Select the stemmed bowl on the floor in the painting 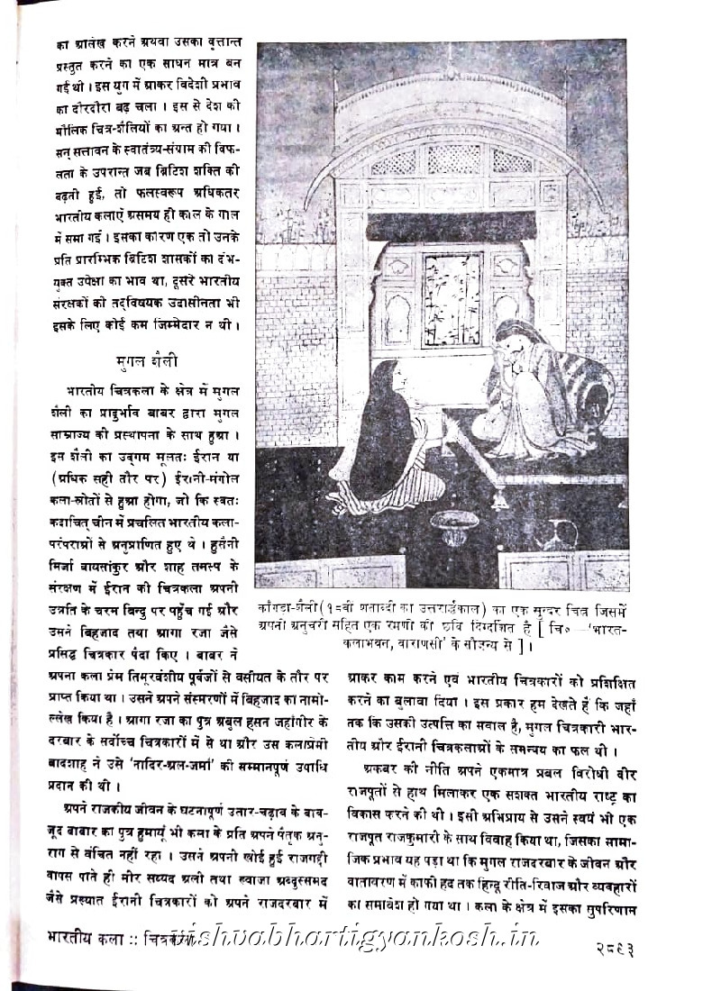(454, 526)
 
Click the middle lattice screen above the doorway (453, 159)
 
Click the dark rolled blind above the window (451, 225)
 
